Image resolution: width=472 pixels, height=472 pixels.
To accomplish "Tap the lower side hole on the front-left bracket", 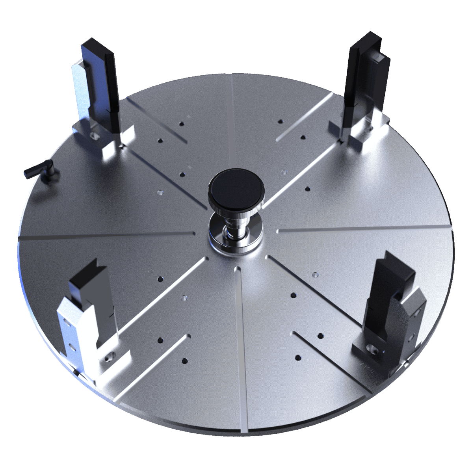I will pos(71,345).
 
